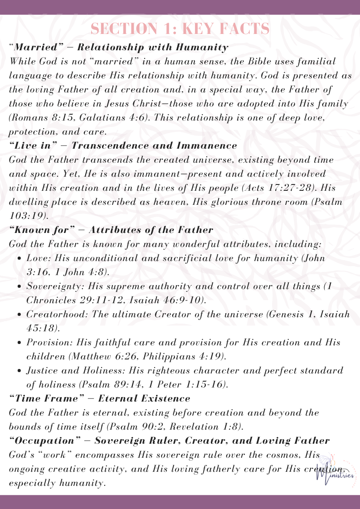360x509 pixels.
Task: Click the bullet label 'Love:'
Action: click(37, 258)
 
